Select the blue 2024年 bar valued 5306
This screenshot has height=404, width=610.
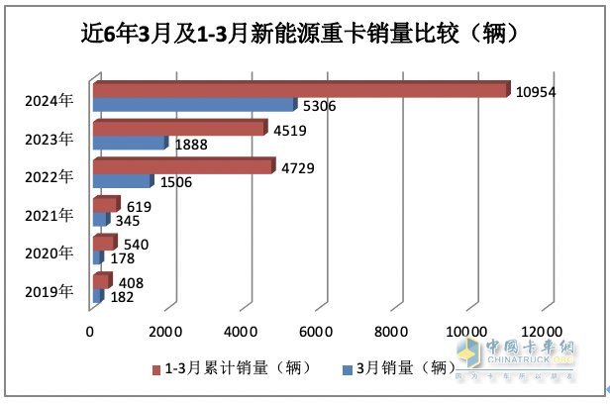193,105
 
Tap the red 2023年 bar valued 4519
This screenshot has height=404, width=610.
178,129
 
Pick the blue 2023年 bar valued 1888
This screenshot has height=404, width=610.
129,144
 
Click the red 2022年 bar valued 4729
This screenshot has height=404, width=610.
182,167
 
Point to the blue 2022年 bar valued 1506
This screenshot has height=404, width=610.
122,182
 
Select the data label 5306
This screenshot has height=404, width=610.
320,105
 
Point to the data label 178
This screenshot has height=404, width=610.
121,258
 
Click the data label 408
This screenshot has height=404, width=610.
131,282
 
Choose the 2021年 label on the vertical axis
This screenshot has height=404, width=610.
49,215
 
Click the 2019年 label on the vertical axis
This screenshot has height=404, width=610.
49,291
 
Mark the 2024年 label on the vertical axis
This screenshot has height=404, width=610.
49,99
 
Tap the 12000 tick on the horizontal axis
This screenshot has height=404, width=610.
542,330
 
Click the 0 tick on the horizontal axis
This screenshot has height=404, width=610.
91,330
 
